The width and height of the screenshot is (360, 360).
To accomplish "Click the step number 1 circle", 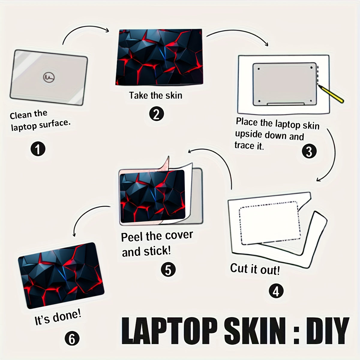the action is pos(38,149).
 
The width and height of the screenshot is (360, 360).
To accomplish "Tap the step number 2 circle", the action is pos(156,114).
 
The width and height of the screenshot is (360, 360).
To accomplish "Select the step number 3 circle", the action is pos(309,151).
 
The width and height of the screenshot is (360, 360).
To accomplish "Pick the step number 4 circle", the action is pos(276,291).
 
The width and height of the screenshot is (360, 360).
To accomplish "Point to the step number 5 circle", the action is pos(168,269).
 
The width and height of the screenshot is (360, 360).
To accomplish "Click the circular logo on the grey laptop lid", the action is pos(49,77).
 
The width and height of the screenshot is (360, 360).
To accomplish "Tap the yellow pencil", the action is pos(331,94).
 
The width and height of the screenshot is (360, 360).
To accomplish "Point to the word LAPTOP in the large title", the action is pos(169,331).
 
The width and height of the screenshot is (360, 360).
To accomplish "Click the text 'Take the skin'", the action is pos(156,95).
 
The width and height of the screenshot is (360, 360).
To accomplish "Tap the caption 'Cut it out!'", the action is pos(255,269).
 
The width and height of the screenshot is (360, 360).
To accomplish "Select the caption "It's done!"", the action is pos(58,317).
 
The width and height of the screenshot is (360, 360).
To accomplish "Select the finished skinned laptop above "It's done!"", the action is pos(61,276).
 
